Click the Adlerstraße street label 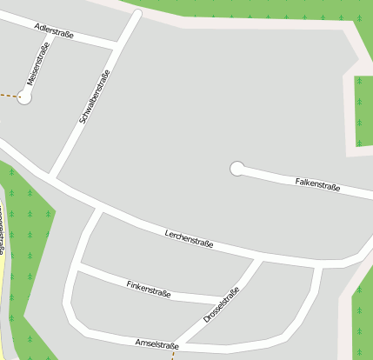[x=54, y=32]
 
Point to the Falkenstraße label [x=317, y=184]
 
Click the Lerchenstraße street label [x=189, y=238]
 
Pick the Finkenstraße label [x=149, y=290]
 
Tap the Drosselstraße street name [x=221, y=304]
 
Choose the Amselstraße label [x=157, y=345]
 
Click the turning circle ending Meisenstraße [x=24, y=97]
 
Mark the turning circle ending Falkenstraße [x=236, y=169]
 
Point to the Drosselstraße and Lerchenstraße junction [x=259, y=260]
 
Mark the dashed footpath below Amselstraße [x=173, y=354]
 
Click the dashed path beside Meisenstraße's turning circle [x=8, y=95]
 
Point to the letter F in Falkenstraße [x=297, y=181]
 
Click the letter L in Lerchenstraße [x=167, y=232]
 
